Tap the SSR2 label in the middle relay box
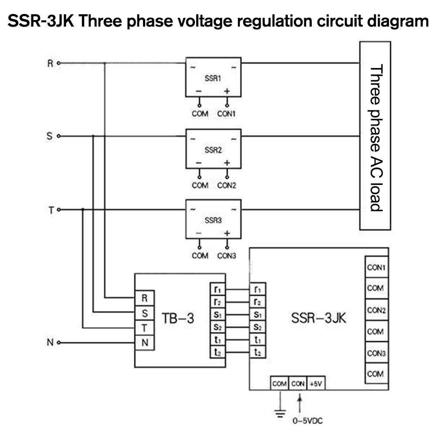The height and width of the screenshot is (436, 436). pos(213,151)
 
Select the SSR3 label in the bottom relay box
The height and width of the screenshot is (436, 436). pos(213,221)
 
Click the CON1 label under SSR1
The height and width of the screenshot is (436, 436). pos(227,114)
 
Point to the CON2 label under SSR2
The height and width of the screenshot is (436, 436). pos(227,185)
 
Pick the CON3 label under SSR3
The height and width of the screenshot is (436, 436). pos(227,255)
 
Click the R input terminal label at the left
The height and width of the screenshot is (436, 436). pos(50,64)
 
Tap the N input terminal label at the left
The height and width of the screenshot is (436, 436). pos(50,343)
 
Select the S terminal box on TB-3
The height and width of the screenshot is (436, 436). pos(144,313)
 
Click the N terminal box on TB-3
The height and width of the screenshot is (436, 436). pos(144,343)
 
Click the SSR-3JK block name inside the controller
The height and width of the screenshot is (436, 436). pos(319,318)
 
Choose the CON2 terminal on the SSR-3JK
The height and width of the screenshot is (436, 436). pos(376,310)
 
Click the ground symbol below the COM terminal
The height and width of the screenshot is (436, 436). pos(279,412)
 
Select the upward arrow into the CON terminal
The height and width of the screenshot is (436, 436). pos(299,403)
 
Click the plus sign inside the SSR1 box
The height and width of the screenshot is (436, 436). pos(227,92)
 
